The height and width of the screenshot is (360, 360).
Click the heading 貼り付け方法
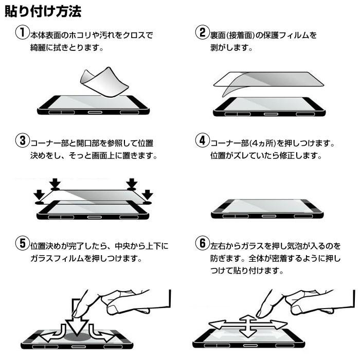click(42, 11)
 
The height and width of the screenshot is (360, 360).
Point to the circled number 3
click(21, 140)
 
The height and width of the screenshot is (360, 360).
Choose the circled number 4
click(202, 140)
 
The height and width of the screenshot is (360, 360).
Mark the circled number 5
click(21, 243)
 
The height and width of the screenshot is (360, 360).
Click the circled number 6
click(202, 243)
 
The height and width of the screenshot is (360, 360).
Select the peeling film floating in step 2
click(267, 80)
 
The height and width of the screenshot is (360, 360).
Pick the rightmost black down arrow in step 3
click(147, 195)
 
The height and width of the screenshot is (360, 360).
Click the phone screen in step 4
click(267, 206)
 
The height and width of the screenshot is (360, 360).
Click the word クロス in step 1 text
click(131, 35)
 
